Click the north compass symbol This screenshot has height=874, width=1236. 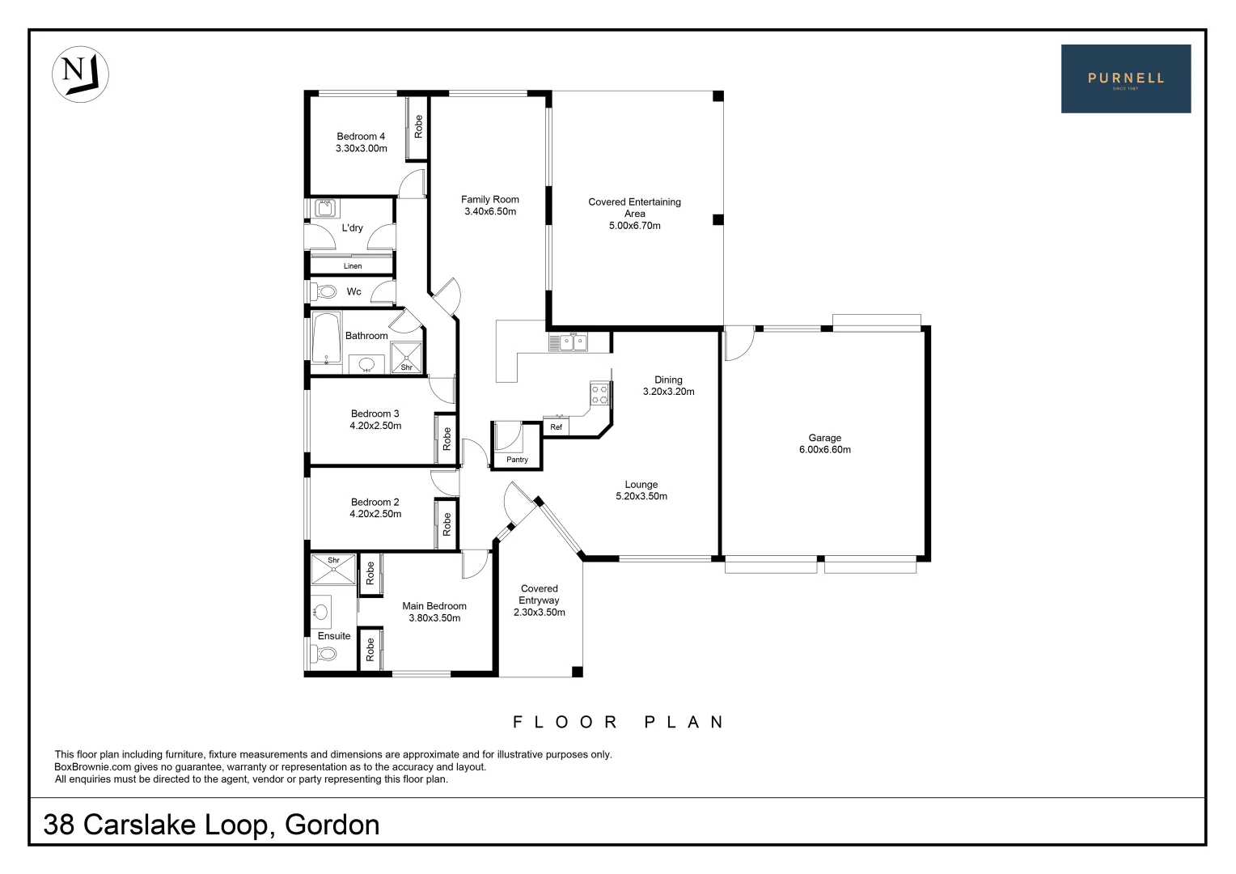click(x=80, y=74)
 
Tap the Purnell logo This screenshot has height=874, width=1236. click(x=1125, y=78)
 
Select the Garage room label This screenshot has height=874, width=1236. click(x=824, y=438)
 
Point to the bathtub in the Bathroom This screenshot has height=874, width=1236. click(x=327, y=338)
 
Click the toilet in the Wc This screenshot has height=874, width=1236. click(x=326, y=291)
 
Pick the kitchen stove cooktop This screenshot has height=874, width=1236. click(x=599, y=394)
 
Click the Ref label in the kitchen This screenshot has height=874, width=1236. click(x=556, y=427)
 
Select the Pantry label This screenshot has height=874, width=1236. click(x=517, y=460)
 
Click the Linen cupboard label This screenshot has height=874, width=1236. click(x=353, y=266)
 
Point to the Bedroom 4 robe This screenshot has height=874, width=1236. click(x=417, y=127)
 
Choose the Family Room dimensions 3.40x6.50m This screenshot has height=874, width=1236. click(x=490, y=212)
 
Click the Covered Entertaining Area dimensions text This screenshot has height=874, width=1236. click(x=634, y=226)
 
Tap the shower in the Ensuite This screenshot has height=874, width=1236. click(x=333, y=569)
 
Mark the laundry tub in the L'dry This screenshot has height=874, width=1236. click(x=326, y=209)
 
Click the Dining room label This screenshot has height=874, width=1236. click(x=668, y=380)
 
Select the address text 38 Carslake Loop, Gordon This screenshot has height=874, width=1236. click(x=212, y=825)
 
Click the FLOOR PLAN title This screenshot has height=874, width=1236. click(x=618, y=722)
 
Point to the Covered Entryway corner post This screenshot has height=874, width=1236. click(x=577, y=672)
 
